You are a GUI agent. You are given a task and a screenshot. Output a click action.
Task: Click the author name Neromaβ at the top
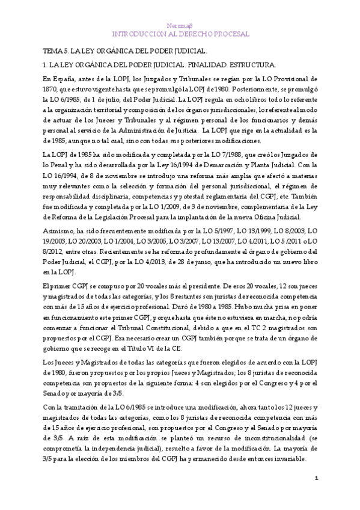pyautogui.click(x=180, y=26)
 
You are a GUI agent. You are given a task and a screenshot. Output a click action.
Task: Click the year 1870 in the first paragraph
pyautogui.click(x=50, y=90)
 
